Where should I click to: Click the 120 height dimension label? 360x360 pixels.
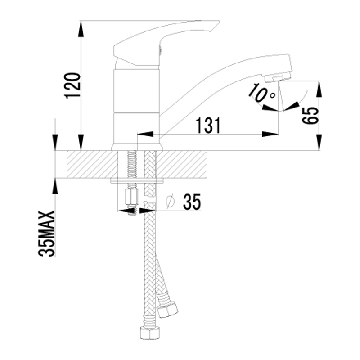tap(73, 85)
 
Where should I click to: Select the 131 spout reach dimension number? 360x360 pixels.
tap(208, 126)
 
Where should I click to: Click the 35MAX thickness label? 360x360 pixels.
tap(47, 234)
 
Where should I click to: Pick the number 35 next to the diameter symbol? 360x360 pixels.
tap(193, 202)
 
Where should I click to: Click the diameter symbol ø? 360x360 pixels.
tap(170, 202)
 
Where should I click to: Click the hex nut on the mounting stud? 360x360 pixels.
tap(132, 197)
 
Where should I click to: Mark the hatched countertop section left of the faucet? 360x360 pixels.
tap(92, 164)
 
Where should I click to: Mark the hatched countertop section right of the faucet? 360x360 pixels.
tap(181, 164)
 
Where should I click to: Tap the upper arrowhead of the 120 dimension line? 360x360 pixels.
tap(81, 29)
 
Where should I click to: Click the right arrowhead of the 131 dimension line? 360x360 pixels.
tap(270, 134)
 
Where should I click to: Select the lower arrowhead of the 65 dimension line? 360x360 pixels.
tap(319, 143)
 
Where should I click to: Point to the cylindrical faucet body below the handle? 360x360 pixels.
tap(136, 108)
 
